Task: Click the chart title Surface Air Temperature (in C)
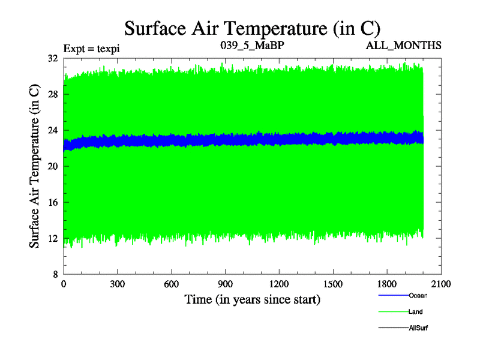252,28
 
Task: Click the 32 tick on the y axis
52,58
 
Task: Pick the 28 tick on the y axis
52,94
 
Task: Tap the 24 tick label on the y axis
52,130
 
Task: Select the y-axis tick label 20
52,166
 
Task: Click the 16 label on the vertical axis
52,202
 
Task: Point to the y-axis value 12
52,238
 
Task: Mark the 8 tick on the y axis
54,274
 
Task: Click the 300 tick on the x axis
118,284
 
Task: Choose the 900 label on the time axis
226,284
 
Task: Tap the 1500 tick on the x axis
333,284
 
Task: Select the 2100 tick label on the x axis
441,284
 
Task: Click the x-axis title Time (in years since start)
252,299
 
